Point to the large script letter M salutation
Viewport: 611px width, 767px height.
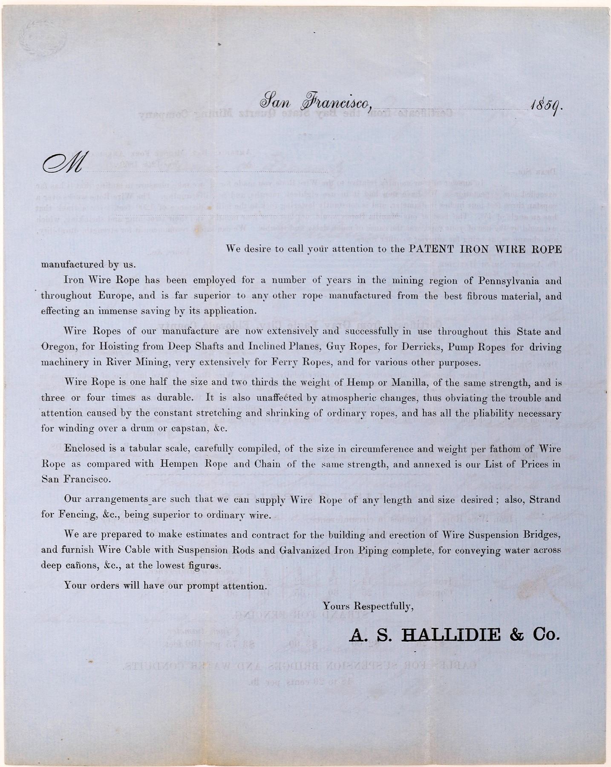click(62, 164)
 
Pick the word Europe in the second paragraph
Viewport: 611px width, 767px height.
click(109, 296)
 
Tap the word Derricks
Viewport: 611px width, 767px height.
click(421, 347)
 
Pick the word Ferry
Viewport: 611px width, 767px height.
click(304, 363)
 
